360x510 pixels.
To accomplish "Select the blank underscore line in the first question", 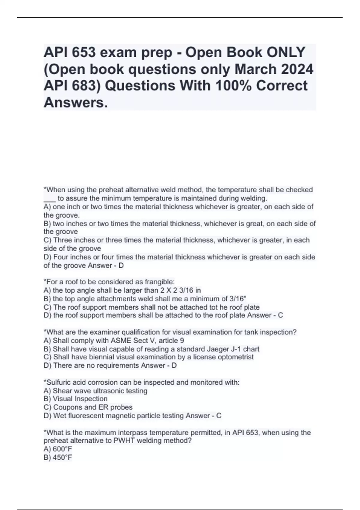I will [x=49, y=199].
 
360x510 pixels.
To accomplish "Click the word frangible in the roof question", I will [x=159, y=282].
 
